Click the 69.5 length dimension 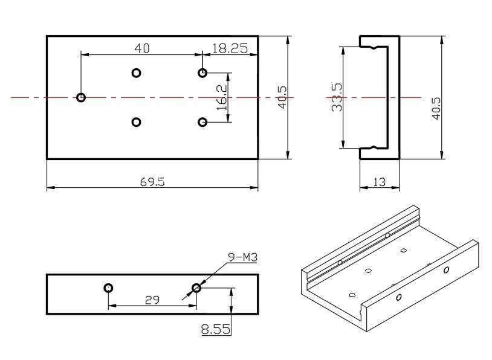point(152,182)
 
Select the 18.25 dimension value point(230,48)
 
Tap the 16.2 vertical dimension point(222,97)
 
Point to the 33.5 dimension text point(337,97)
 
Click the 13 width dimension point(380,182)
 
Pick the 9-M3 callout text point(242,257)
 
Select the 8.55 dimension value point(216,329)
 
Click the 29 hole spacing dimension point(152,300)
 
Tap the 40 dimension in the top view point(142,48)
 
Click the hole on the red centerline point(81,97)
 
